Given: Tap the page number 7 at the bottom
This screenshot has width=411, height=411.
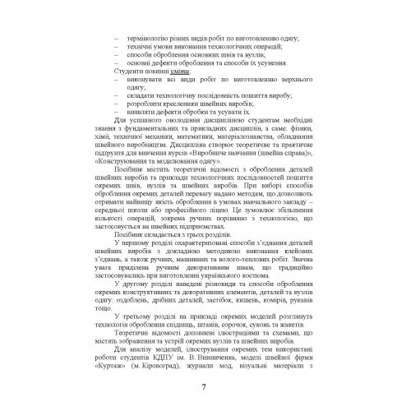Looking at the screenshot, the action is pyautogui.click(x=204, y=390).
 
